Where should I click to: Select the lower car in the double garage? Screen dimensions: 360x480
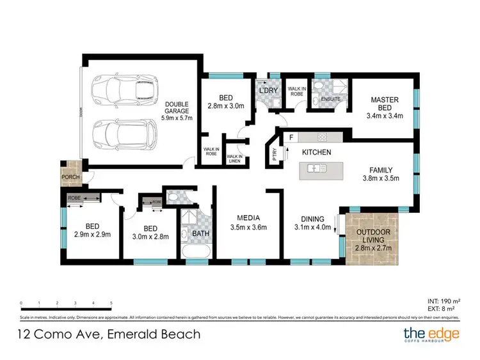(x=124, y=132)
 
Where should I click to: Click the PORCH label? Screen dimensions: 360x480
(x=70, y=178)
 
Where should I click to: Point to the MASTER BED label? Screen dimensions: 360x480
(x=385, y=104)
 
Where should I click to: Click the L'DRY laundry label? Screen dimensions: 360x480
(x=267, y=89)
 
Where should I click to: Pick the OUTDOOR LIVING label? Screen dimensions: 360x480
(x=371, y=236)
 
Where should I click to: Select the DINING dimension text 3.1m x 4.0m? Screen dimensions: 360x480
(x=312, y=227)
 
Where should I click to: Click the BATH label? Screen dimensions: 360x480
(x=201, y=234)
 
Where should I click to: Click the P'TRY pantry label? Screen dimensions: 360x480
(x=275, y=157)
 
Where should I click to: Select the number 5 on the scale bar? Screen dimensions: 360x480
(x=111, y=303)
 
